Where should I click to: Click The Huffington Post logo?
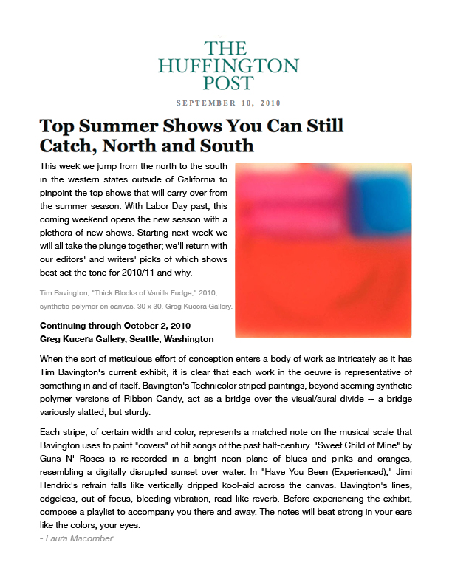[x=228, y=65]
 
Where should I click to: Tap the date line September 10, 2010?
[x=228, y=103]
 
